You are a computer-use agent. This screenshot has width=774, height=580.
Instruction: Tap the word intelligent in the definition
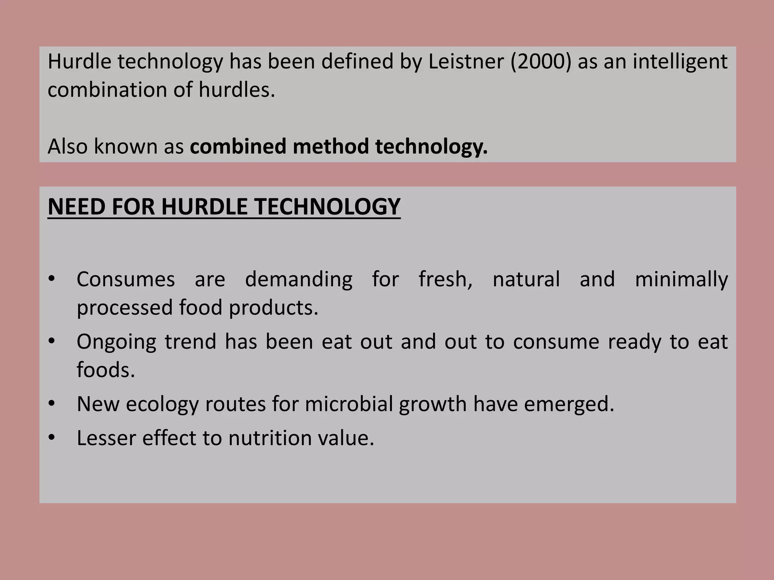coord(680,62)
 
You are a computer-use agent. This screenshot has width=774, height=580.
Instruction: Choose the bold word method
coord(331,146)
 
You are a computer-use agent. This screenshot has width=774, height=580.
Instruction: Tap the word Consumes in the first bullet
coord(125,279)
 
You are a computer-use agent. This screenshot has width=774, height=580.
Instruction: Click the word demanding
coord(299,279)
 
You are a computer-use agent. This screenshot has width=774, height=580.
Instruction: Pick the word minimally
coord(681,279)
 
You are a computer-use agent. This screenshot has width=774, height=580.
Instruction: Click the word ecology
coord(162,404)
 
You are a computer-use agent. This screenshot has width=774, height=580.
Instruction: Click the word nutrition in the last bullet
coord(270,438)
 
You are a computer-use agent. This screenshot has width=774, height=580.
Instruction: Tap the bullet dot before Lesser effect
coord(52,438)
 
